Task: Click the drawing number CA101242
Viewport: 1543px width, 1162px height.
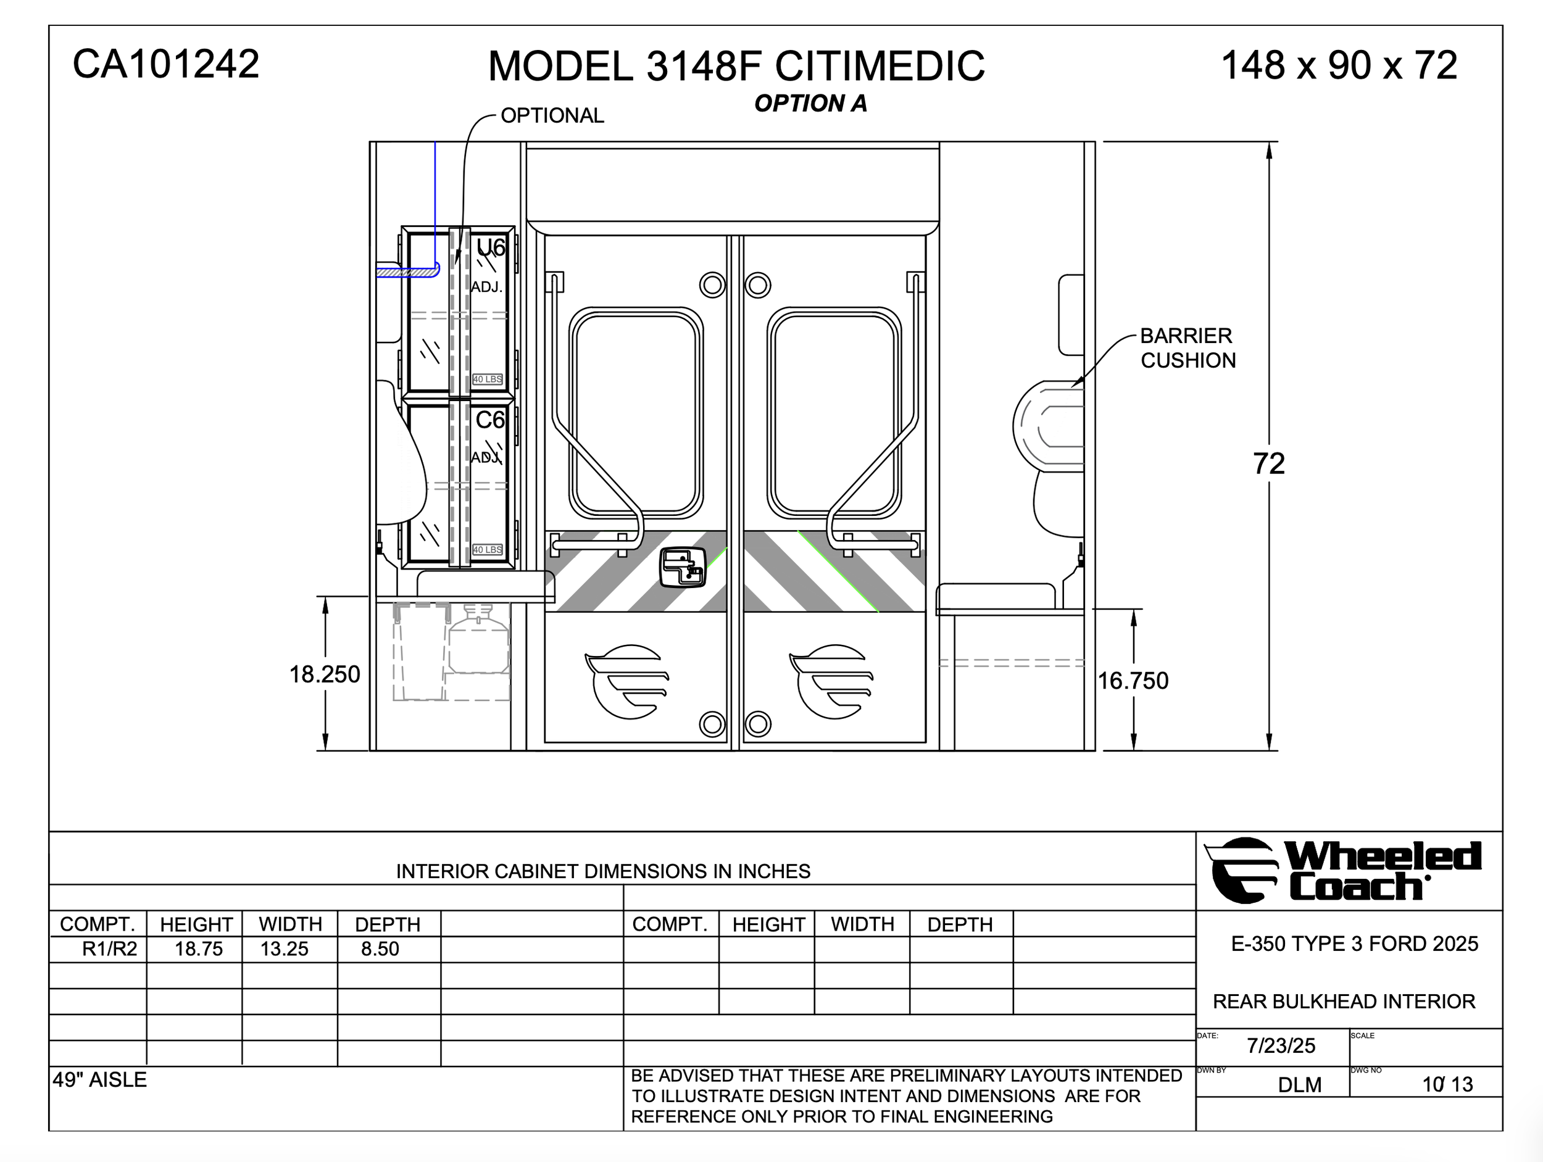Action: click(166, 64)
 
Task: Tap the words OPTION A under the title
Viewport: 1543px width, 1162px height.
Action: click(810, 103)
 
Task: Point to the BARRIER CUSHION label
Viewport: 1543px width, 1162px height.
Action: click(1188, 348)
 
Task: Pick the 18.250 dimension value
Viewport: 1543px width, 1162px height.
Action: click(325, 674)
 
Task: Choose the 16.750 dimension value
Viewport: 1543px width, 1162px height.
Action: click(1133, 681)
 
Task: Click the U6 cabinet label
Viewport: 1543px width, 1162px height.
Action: click(491, 247)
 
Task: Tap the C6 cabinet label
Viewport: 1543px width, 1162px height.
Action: click(489, 420)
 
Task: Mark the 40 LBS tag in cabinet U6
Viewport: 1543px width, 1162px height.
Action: click(488, 380)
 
